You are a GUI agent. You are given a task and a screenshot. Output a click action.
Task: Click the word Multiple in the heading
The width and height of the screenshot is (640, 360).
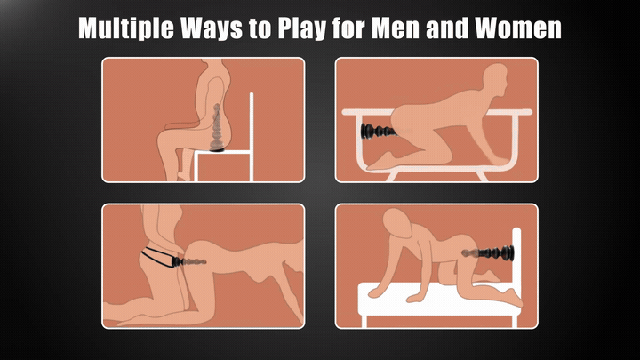click(x=126, y=28)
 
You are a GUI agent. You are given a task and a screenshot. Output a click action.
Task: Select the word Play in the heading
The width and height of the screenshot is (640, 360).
click(x=301, y=28)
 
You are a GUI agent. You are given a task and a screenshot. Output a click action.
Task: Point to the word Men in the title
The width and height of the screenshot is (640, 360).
click(x=396, y=28)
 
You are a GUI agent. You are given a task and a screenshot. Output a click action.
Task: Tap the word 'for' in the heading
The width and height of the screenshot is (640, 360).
click(x=348, y=28)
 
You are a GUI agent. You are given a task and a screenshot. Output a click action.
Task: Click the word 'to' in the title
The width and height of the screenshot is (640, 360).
click(x=260, y=28)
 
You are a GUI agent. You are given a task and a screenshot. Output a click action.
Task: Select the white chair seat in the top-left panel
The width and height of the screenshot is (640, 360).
click(x=222, y=152)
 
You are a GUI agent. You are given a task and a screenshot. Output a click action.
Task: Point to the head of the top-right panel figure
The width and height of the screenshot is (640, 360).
click(x=495, y=79)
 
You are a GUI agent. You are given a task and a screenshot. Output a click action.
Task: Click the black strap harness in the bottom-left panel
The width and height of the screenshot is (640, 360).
click(x=158, y=257)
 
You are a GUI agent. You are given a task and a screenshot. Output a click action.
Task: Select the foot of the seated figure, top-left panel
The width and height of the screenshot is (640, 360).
click(x=183, y=177)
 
